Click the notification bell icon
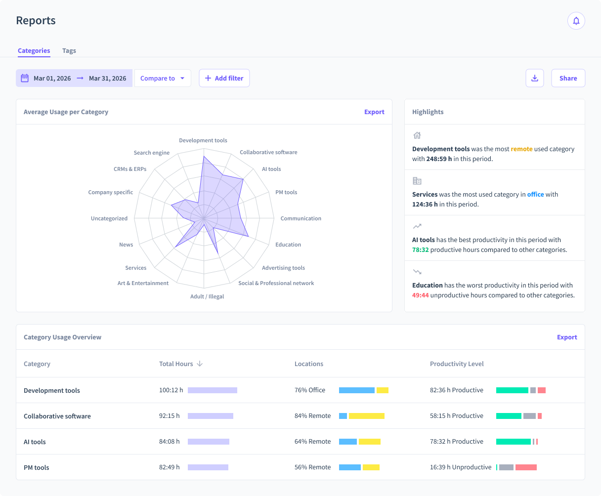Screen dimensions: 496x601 pyautogui.click(x=576, y=21)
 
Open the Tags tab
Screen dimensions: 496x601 pyautogui.click(x=69, y=51)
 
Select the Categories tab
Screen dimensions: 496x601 pyautogui.click(x=34, y=51)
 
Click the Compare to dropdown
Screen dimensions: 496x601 pyautogui.click(x=163, y=78)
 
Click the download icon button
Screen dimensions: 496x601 pyautogui.click(x=534, y=78)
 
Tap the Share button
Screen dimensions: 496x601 pyautogui.click(x=568, y=78)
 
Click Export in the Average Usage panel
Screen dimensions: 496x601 pyautogui.click(x=374, y=112)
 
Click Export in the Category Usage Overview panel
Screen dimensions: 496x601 pyautogui.click(x=567, y=337)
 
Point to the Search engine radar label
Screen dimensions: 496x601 pyautogui.click(x=151, y=153)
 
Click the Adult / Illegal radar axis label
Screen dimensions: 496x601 pyautogui.click(x=207, y=297)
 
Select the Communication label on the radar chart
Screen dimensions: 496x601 pyautogui.click(x=300, y=218)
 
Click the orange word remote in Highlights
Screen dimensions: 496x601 pyautogui.click(x=521, y=149)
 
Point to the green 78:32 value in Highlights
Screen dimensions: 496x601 pyautogui.click(x=420, y=250)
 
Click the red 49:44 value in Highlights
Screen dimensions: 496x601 pyautogui.click(x=420, y=295)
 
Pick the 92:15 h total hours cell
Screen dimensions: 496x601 pyautogui.click(x=170, y=416)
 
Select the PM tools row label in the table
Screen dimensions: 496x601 pyautogui.click(x=37, y=468)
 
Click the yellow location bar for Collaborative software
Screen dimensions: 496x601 pyautogui.click(x=366, y=416)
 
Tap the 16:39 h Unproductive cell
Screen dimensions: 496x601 pyautogui.click(x=461, y=467)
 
